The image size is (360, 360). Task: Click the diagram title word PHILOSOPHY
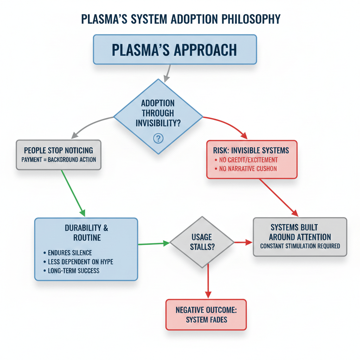[x=251, y=19]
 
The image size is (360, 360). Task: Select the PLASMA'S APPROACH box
[x=175, y=49]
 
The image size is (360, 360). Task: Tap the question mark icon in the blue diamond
[x=158, y=138]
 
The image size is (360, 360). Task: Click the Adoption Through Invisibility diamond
[x=158, y=116]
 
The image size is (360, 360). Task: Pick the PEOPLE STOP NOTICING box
[x=59, y=155]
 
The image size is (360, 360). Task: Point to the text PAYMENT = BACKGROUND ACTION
[x=59, y=160]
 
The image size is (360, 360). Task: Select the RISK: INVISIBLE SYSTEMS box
[x=252, y=159]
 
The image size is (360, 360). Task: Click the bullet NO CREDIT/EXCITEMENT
[x=246, y=160]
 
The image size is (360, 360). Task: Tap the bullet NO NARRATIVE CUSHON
[x=246, y=169]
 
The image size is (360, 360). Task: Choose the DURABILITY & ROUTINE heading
[x=86, y=233]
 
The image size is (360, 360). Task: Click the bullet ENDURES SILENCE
[x=68, y=253]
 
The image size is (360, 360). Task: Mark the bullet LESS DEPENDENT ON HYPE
[x=78, y=262]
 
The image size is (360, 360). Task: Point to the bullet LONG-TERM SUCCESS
[x=71, y=271]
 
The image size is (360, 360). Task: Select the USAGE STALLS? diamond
[x=202, y=242]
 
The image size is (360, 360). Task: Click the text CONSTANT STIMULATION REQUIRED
[x=300, y=246]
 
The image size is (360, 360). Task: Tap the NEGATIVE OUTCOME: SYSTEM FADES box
[x=206, y=315]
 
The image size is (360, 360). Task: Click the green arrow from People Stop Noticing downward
[x=73, y=193]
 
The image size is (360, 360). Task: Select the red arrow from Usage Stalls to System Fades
[x=208, y=281]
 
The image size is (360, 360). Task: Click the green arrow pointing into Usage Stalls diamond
[x=154, y=244]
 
